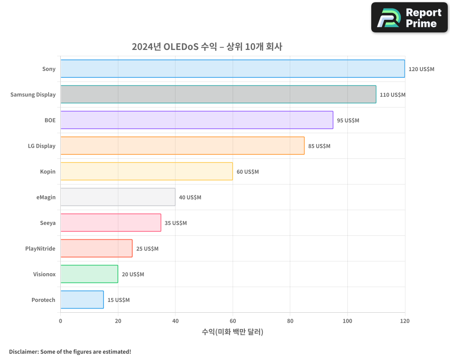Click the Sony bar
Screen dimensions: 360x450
(233, 69)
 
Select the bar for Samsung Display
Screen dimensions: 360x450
(218, 94)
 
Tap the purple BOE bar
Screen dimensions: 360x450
(197, 120)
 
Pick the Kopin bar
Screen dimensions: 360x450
(147, 171)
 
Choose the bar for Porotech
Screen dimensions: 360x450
(82, 300)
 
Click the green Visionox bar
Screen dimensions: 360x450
(89, 274)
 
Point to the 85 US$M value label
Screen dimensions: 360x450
(319, 146)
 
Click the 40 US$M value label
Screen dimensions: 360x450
(190, 198)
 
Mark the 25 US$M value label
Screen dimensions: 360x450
(147, 249)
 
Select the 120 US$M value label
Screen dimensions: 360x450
(421, 69)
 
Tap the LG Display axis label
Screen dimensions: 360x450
(42, 146)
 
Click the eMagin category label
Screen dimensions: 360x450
(46, 197)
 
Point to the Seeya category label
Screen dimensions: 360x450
(48, 223)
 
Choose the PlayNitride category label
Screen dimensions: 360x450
(40, 248)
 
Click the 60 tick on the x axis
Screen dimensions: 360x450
(233, 321)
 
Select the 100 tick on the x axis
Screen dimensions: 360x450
(347, 321)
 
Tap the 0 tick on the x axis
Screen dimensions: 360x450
(61, 321)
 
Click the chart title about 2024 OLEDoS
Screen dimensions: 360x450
(207, 47)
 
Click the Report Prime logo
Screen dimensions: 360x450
(409, 18)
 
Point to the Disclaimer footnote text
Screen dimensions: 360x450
(70, 351)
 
